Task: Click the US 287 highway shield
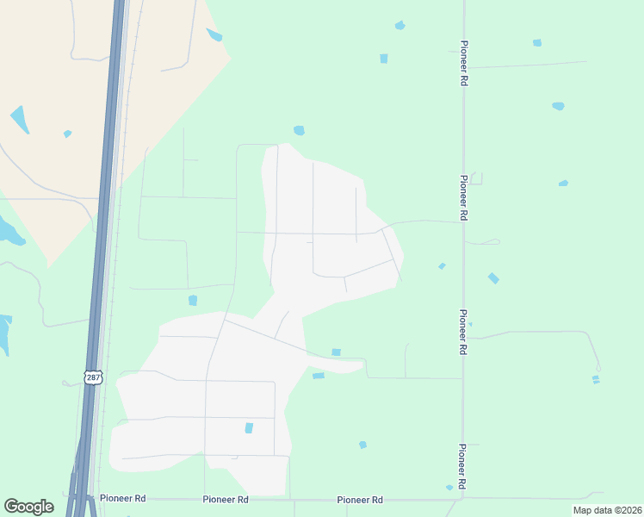pyautogui.click(x=93, y=377)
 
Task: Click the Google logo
pyautogui.click(x=28, y=507)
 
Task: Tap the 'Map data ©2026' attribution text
pyautogui.click(x=606, y=510)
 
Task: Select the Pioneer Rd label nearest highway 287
pyautogui.click(x=122, y=499)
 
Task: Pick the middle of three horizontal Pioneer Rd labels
pyautogui.click(x=226, y=500)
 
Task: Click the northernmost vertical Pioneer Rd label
pyautogui.click(x=464, y=64)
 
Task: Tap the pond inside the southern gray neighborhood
pyautogui.click(x=249, y=427)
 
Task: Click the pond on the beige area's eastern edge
pyautogui.click(x=214, y=35)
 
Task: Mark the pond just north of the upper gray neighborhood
pyautogui.click(x=299, y=130)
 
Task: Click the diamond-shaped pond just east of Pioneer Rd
pyautogui.click(x=492, y=278)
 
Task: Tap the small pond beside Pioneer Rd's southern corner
pyautogui.click(x=449, y=488)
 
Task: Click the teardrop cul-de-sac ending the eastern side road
pyautogui.click(x=598, y=368)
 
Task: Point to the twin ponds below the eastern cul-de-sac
pyautogui.click(x=596, y=379)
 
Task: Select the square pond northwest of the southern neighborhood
pyautogui.click(x=193, y=300)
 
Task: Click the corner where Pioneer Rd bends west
pyautogui.click(x=462, y=496)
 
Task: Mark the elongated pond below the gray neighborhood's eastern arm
pyautogui.click(x=319, y=376)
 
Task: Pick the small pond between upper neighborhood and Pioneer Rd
pyautogui.click(x=442, y=266)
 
